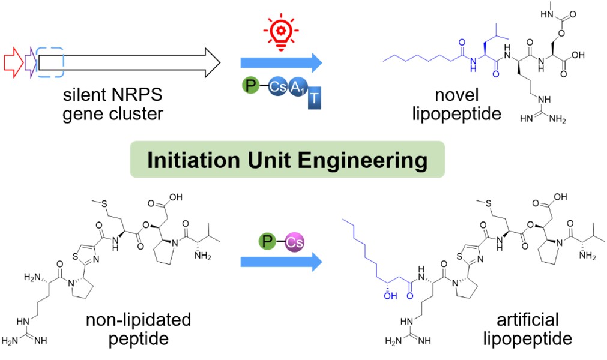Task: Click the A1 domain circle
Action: pos(297,88)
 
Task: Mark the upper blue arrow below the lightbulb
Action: pos(280,62)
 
